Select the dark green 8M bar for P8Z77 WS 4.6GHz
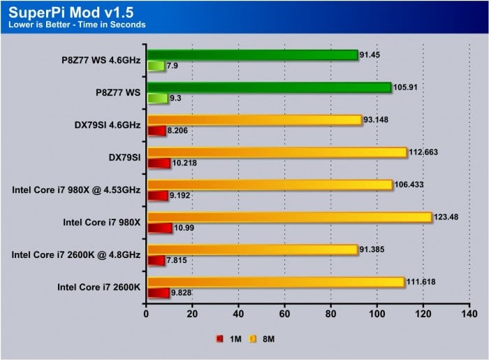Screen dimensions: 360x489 (251, 55)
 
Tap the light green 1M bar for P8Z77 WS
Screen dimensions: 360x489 (157, 99)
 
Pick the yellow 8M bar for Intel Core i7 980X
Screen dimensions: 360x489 (289, 217)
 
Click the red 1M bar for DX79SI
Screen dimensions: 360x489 (159, 164)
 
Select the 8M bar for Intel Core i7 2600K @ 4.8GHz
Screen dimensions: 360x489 (251, 250)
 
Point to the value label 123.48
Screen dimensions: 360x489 (450, 215)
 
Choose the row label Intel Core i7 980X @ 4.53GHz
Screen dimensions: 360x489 (76, 189)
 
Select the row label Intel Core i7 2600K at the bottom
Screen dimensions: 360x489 (99, 287)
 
